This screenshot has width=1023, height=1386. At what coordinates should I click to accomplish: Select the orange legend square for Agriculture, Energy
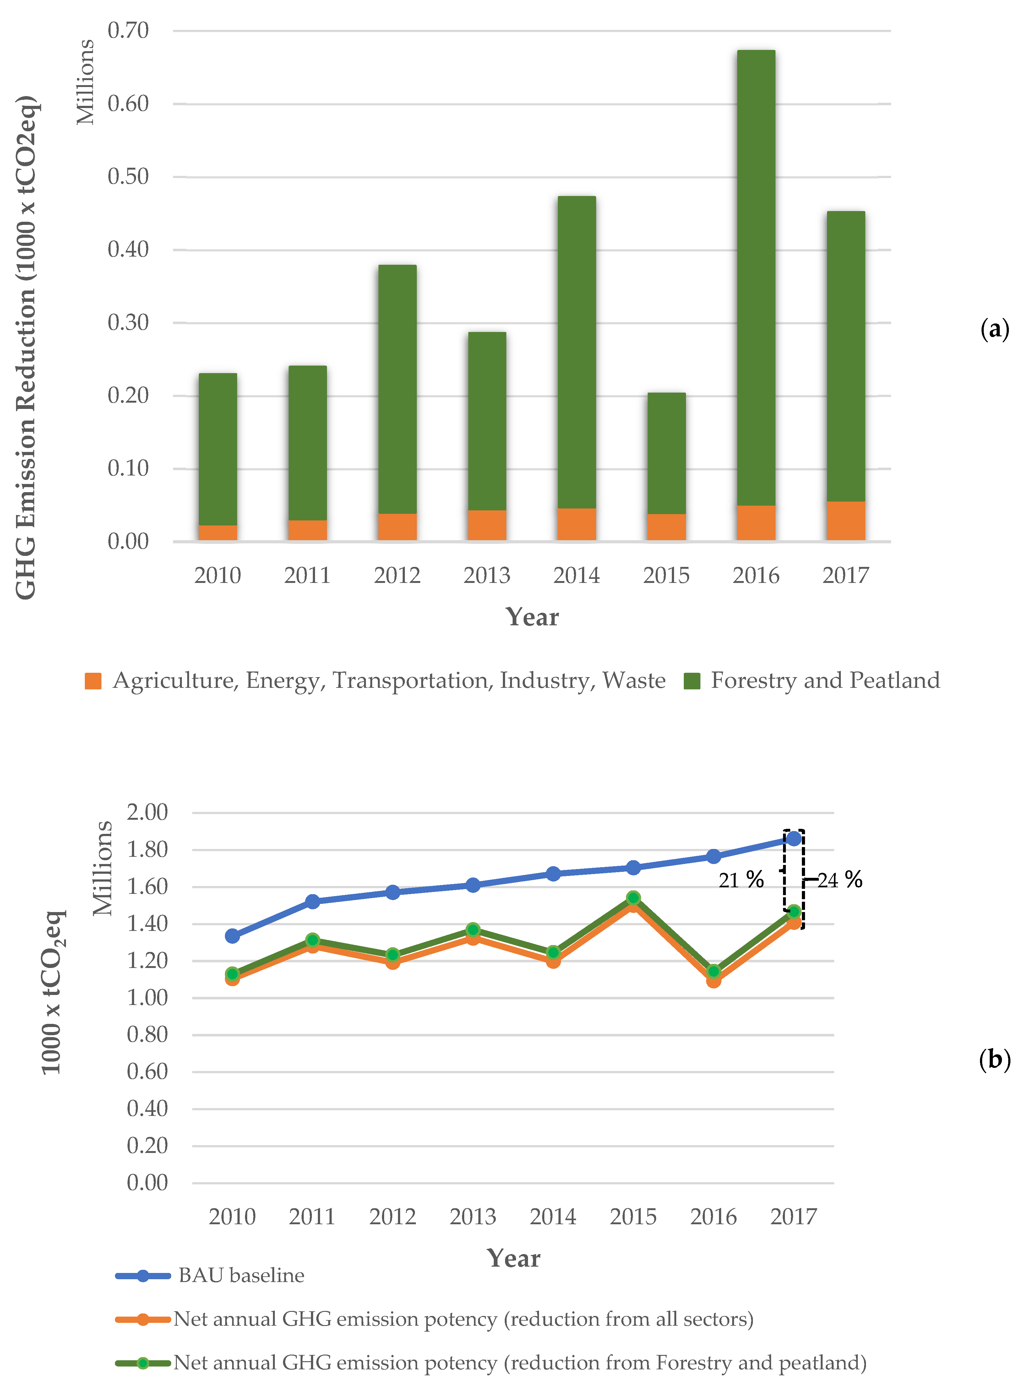(x=93, y=681)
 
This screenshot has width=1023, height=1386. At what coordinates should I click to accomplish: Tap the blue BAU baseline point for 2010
(x=232, y=936)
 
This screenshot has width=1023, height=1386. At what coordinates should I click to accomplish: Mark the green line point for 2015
(x=633, y=898)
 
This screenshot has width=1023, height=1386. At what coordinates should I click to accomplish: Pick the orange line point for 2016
(x=713, y=981)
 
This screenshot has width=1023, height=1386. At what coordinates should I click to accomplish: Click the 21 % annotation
(x=741, y=880)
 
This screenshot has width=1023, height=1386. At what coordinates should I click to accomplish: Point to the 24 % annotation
(x=840, y=880)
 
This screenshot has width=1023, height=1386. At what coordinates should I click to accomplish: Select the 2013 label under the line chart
(x=472, y=1216)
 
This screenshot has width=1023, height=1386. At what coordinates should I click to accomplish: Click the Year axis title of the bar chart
(x=532, y=617)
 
